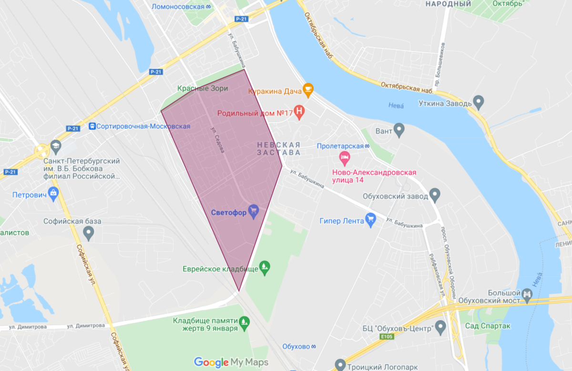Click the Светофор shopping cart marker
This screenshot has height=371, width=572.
(254, 210)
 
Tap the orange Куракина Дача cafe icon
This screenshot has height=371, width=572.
(308, 90)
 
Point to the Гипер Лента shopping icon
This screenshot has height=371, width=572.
(370, 220)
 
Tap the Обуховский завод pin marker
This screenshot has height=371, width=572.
(434, 194)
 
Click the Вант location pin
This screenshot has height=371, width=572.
(399, 129)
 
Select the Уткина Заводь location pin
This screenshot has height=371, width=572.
(479, 102)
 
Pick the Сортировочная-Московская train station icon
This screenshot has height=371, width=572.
(92, 126)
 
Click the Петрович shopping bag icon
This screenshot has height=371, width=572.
(54, 193)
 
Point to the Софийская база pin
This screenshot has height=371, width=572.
(88, 233)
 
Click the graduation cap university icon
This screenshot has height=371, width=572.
(56, 145)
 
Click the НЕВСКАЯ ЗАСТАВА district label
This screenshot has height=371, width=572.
(278, 148)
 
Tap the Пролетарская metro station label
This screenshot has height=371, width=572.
(341, 145)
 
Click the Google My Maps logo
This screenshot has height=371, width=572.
(231, 362)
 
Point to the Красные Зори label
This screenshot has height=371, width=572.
(203, 88)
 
